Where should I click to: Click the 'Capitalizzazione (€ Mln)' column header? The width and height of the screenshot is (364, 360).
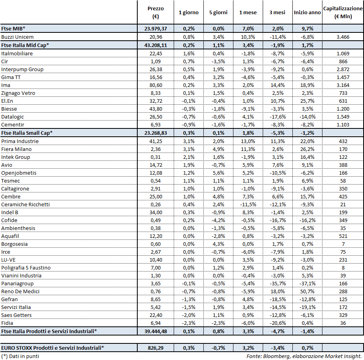coord(343,12)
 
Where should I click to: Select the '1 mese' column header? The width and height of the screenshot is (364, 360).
coord(248,13)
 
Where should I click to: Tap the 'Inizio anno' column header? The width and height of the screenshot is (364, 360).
coord(307,13)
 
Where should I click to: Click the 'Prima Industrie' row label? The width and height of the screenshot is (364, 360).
coord(20,141)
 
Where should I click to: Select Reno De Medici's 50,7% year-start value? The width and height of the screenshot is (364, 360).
coord(307,291)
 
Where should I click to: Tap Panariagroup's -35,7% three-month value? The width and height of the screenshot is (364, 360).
coord(277,283)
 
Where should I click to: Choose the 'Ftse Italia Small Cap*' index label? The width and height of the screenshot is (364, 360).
coord(27,133)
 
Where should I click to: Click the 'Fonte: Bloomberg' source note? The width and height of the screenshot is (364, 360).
coord(303,356)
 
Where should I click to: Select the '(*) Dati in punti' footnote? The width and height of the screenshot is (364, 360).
coord(20,356)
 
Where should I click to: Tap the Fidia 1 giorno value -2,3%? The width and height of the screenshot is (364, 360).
coord(189,323)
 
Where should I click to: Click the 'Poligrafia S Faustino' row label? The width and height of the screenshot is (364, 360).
coord(26,268)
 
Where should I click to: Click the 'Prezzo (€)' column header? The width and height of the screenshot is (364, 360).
coord(155,12)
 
